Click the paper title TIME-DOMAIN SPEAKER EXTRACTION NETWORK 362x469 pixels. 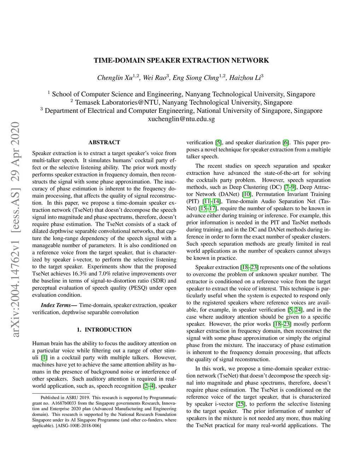tap(181, 61)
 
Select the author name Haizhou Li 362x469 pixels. tap(244, 78)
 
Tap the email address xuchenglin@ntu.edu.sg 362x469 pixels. tap(181, 119)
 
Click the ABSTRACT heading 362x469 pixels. tap(104, 142)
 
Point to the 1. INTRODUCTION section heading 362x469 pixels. tap(104, 330)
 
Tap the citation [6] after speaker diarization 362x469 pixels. tap(286, 143)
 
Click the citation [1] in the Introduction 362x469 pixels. tap(44, 358)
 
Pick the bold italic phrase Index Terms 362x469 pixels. tap(56, 305)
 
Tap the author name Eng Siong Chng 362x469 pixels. tap(195, 78)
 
